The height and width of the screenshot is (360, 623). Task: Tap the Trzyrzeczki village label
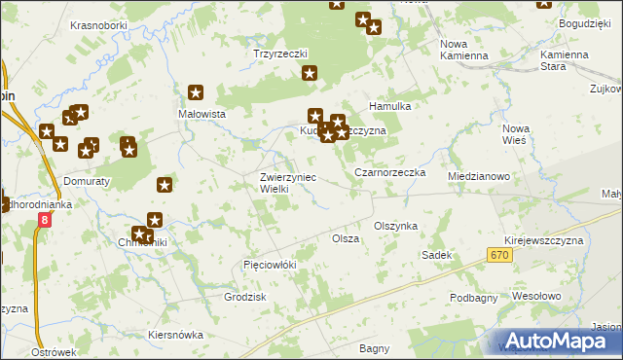tap(280, 54)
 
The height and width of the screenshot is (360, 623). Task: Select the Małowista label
tap(202, 114)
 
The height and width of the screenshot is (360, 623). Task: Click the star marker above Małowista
tap(196, 93)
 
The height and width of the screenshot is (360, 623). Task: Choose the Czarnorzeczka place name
tap(390, 172)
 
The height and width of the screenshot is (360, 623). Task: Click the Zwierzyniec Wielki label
tap(287, 183)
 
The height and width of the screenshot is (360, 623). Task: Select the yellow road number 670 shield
tap(498, 255)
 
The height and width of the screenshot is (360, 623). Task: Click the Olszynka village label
tap(395, 226)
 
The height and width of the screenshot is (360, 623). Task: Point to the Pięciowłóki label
tap(269, 265)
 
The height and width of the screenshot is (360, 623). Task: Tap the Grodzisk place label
tap(245, 297)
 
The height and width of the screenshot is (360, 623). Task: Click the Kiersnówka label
tap(175, 335)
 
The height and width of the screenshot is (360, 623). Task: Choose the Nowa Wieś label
tap(514, 134)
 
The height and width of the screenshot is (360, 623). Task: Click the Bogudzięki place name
tap(584, 21)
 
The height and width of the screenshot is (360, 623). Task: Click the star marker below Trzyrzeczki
tap(310, 73)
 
